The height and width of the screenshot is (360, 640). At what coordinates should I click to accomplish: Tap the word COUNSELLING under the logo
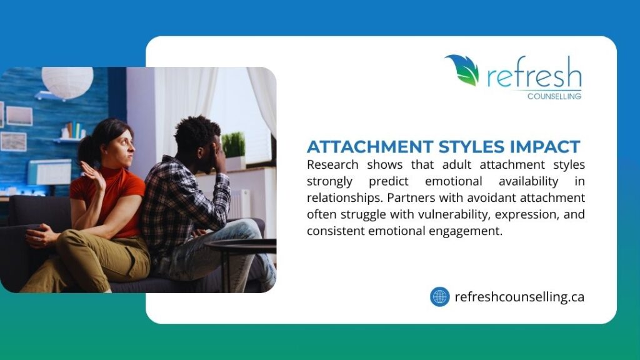[x=554, y=96]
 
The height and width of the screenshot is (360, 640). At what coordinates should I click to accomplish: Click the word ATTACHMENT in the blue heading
[x=362, y=147]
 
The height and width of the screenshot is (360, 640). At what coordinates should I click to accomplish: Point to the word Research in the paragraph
[x=332, y=165]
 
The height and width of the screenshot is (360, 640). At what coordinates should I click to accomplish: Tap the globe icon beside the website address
[x=439, y=296]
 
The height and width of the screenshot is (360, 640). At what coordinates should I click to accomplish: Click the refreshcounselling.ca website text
[x=519, y=297]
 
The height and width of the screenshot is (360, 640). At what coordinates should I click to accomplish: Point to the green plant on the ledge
[x=234, y=145]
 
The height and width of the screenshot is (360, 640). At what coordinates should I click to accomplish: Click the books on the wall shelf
[x=74, y=131]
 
